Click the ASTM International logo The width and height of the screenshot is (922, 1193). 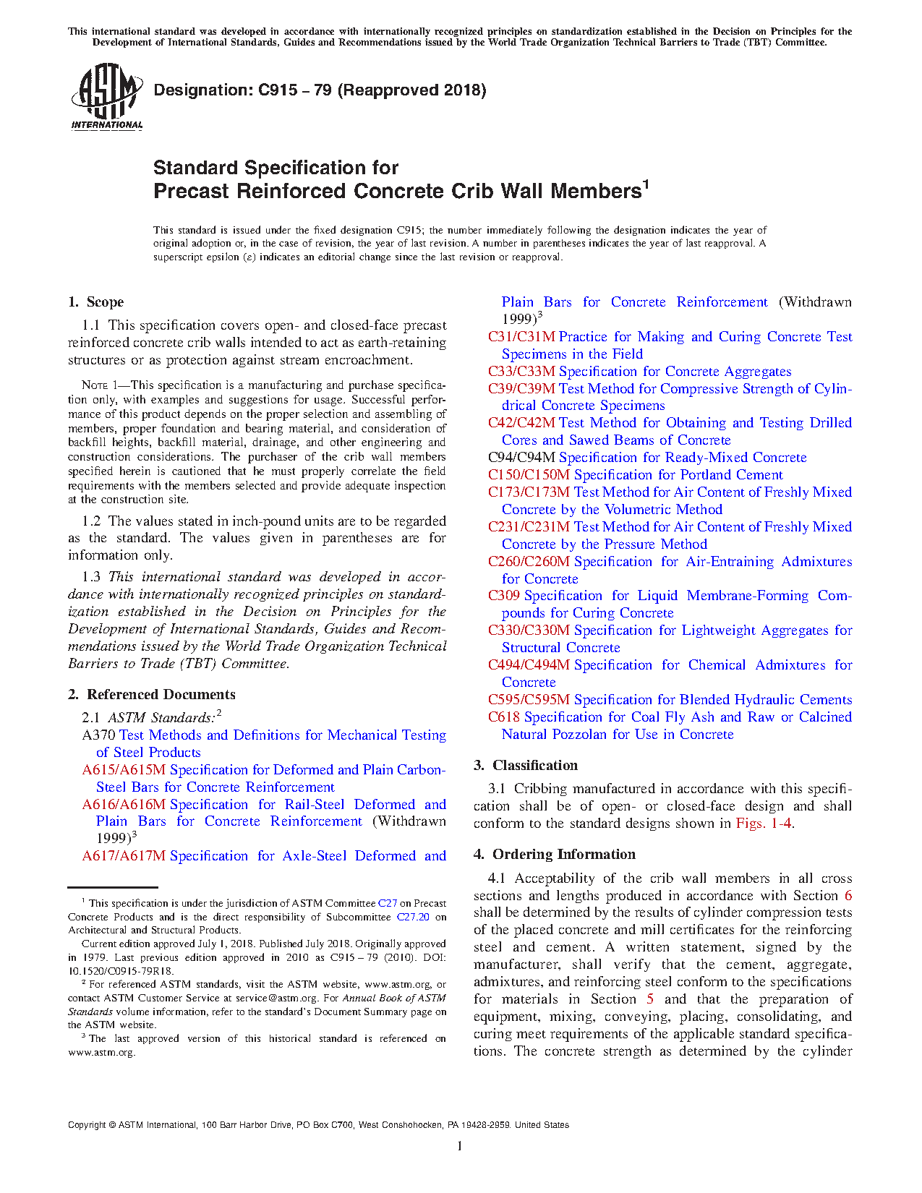(106, 96)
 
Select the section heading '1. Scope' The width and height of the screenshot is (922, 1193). (95, 302)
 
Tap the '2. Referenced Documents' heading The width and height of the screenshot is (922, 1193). (152, 695)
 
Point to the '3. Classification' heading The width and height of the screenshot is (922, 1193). (526, 766)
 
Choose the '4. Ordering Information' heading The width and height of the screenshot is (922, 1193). (555, 855)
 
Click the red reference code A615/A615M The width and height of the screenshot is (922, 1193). (124, 770)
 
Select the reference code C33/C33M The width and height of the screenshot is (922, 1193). (521, 372)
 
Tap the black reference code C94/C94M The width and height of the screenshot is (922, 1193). (521, 458)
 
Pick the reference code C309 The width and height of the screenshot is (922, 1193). (503, 596)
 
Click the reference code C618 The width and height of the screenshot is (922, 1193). (503, 717)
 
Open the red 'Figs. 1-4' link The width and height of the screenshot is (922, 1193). (764, 824)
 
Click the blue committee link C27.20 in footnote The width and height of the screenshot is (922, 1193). (413, 917)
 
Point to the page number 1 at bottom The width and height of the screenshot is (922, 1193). (460, 1145)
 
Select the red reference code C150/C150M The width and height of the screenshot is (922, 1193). (529, 475)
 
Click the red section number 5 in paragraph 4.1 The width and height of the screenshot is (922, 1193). (650, 999)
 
